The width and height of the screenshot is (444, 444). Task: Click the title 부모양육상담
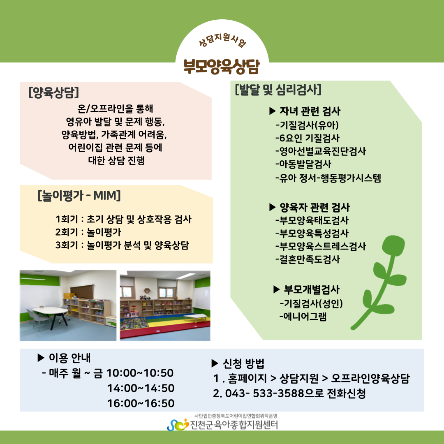[222, 67]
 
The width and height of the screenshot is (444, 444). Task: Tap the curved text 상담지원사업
[222, 39]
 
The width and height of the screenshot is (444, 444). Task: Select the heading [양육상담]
[53, 92]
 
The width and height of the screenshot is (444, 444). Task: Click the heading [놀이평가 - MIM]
[79, 195]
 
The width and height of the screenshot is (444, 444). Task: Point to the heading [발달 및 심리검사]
[278, 89]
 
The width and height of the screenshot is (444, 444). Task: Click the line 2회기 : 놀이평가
[88, 232]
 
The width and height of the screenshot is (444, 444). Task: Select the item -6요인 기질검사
[307, 138]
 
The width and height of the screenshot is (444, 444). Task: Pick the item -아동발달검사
[303, 164]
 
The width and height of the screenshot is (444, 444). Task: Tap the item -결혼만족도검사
[307, 259]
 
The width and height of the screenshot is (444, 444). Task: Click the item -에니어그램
[303, 316]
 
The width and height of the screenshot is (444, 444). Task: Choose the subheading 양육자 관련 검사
[314, 207]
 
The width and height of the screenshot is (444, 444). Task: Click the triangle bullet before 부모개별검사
[277, 289]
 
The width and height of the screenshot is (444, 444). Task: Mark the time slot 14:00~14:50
[141, 388]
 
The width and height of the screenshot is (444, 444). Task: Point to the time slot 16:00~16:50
[141, 403]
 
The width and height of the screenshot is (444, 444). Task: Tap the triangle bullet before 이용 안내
[41, 358]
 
